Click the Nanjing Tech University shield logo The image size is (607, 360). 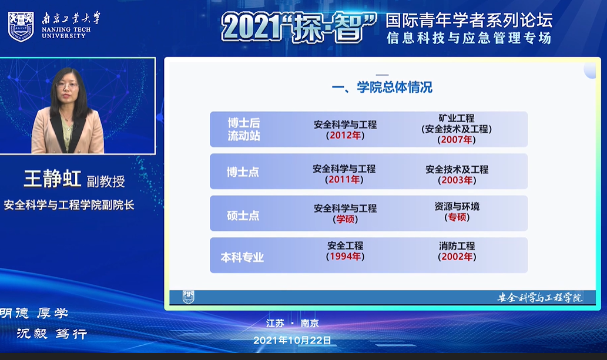coord(21,26)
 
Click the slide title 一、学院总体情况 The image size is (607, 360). coord(382,87)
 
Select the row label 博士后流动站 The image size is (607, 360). coord(244,129)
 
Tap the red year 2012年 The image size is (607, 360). coord(346,136)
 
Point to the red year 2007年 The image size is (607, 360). coord(457,140)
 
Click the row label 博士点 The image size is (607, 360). coord(243,172)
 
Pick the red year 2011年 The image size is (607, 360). coord(344,180)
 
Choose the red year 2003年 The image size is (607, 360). coord(457,180)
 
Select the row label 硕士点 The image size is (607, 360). coord(243,216)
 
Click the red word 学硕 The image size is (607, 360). coord(346,219)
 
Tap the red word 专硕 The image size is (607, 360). coord(457,217)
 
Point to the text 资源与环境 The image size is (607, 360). coord(457,207)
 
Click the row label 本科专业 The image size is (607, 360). coord(242,257)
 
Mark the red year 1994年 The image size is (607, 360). coord(346,256)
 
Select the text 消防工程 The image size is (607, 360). coord(457,246)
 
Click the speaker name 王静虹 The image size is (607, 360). coord(53,179)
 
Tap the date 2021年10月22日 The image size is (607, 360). coord(292,340)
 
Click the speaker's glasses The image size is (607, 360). coord(67,85)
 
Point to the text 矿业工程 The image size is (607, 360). coord(457,119)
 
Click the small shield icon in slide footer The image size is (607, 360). coord(188,297)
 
